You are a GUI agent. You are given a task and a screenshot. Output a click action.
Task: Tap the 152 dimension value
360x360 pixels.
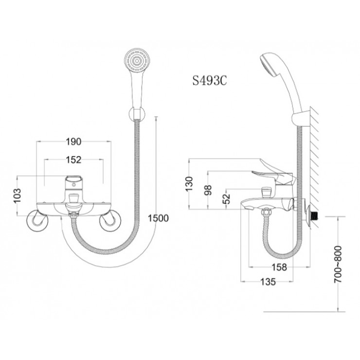pyautogui.click(x=73, y=159)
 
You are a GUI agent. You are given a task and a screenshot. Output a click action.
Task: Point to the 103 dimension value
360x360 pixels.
pyautogui.click(x=17, y=196)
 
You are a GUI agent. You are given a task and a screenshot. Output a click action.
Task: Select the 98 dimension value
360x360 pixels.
pyautogui.click(x=208, y=189)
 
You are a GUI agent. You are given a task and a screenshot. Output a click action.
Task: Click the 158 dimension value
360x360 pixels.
pyautogui.click(x=279, y=267)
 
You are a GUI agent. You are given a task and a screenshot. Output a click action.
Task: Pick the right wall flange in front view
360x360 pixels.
pyautogui.click(x=109, y=220)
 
